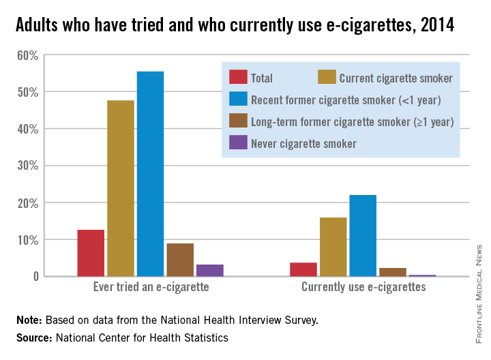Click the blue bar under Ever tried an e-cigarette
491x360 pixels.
[x=150, y=174]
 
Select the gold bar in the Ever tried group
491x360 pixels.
[x=121, y=188]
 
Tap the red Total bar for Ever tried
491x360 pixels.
[x=91, y=253]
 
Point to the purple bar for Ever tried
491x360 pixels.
[x=210, y=270]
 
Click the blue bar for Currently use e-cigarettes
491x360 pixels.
[x=363, y=235]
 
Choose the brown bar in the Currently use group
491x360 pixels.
[x=392, y=272]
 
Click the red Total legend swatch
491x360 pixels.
[x=238, y=77]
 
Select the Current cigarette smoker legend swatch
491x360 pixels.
[x=326, y=77]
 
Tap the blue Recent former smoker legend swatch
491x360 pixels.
[x=238, y=100]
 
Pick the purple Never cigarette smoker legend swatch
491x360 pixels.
[x=238, y=142]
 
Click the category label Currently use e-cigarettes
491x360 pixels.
[x=363, y=287]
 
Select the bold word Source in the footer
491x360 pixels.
[x=33, y=337]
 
